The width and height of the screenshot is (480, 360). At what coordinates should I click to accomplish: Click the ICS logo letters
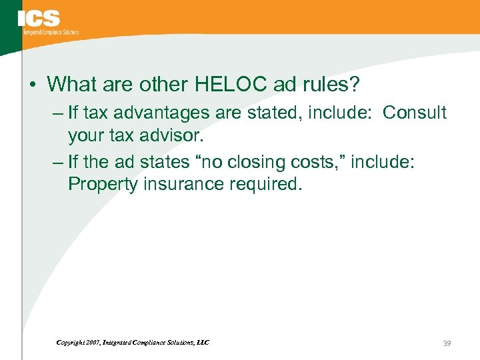tap(39, 19)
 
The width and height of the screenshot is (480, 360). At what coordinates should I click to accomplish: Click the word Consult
tap(414, 113)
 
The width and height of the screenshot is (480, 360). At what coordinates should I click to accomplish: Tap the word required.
tap(269, 185)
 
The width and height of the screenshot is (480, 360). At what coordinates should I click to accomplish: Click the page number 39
tap(447, 343)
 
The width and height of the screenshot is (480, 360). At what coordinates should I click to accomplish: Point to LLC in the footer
tap(203, 343)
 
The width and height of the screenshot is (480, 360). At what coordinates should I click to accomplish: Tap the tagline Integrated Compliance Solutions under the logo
tap(51, 31)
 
